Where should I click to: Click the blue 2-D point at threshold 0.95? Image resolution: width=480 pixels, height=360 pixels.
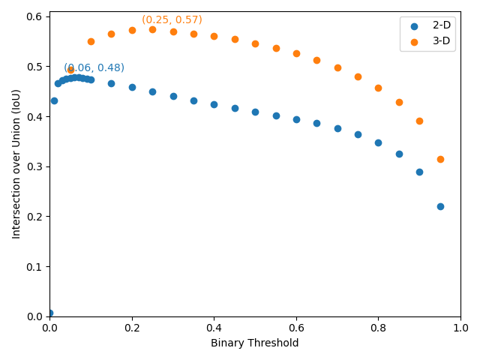(440, 206)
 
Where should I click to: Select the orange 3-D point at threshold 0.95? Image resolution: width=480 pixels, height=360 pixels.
(440, 159)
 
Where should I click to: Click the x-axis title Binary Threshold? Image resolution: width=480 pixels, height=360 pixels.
(255, 343)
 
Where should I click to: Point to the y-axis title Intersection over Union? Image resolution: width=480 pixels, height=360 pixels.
(16, 163)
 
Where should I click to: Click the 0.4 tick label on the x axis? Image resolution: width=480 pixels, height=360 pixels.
(214, 328)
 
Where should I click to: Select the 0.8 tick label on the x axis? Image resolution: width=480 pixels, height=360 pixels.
(378, 328)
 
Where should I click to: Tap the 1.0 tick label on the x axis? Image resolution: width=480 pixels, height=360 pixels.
(460, 328)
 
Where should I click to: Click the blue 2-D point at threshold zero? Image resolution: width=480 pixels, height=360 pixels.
(49, 313)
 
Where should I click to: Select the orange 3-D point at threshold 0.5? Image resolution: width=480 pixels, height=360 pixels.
(255, 43)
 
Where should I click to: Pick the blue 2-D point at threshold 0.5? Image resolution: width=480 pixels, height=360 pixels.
(255, 112)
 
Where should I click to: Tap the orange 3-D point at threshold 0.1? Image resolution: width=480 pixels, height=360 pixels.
(91, 41)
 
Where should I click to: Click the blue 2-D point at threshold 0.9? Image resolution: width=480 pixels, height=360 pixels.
(419, 172)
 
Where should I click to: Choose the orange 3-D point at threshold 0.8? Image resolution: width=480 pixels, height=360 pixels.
(378, 88)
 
